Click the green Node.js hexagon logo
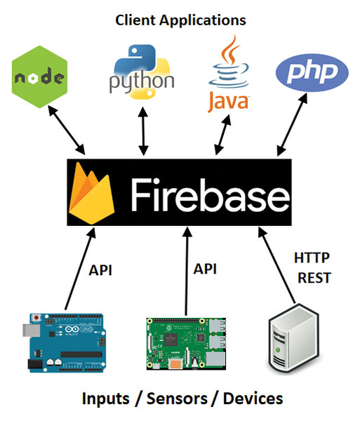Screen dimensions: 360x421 pyautogui.click(x=40, y=76)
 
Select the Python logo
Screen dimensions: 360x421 pyautogui.click(x=142, y=72)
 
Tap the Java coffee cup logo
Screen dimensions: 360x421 pyautogui.click(x=229, y=74)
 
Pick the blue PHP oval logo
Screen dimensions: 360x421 pyautogui.click(x=312, y=72)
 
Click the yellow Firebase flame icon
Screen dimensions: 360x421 pyautogui.click(x=91, y=193)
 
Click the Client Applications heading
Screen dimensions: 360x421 pyautogui.click(x=180, y=20)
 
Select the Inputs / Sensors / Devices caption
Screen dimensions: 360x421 pyautogui.click(x=182, y=399)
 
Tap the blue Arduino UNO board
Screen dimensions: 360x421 pyautogui.click(x=64, y=343)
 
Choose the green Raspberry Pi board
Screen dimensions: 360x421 pyautogui.click(x=186, y=344)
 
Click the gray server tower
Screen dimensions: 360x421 pyautogui.click(x=294, y=338)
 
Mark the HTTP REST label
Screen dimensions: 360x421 pyautogui.click(x=313, y=268)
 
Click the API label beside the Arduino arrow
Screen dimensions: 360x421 pyautogui.click(x=100, y=270)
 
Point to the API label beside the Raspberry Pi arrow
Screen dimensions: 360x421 pyautogui.click(x=205, y=269)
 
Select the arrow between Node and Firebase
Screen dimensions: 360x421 pyautogui.click(x=67, y=130)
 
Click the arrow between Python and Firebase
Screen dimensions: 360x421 pyautogui.click(x=143, y=131)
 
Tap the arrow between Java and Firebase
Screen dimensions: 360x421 pyautogui.click(x=222, y=135)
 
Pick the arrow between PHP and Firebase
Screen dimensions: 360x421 pyautogui.click(x=292, y=125)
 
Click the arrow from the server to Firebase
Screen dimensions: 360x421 pyautogui.click(x=276, y=265)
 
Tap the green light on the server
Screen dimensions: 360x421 pyautogui.click(x=278, y=350)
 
